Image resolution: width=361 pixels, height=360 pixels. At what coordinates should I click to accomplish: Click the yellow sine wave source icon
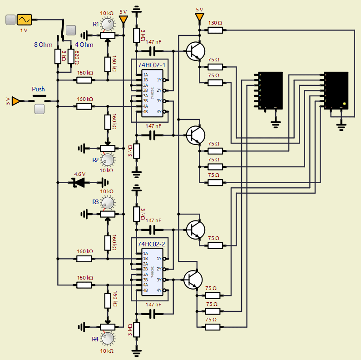click(24, 20)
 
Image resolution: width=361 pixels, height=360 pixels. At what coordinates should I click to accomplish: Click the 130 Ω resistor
click(215, 30)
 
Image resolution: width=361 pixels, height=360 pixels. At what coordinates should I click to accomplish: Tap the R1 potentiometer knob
click(108, 24)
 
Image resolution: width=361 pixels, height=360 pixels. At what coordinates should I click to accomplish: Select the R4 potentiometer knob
click(108, 338)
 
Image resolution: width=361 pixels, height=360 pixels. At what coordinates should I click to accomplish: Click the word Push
click(39, 89)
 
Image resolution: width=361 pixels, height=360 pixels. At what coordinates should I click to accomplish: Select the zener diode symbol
click(79, 183)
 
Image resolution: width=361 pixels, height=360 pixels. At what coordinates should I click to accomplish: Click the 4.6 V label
click(79, 174)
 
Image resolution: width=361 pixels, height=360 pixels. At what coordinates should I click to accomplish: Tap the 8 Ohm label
click(44, 45)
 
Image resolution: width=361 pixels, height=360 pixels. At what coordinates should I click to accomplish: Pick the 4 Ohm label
click(84, 45)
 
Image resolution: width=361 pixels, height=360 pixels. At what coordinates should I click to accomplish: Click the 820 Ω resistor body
click(70, 57)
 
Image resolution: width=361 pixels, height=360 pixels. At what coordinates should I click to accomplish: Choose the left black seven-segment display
click(270, 91)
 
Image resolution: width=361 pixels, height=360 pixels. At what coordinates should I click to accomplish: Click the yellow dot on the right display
click(345, 104)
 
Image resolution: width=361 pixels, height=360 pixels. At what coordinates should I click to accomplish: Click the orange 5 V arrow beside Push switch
click(15, 101)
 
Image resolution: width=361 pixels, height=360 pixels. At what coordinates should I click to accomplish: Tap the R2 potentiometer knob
click(108, 159)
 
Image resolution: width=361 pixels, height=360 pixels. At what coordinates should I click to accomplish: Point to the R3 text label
click(95, 201)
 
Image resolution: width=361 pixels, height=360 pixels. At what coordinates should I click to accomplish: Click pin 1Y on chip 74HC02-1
click(158, 80)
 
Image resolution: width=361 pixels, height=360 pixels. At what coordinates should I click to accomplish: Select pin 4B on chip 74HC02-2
click(145, 290)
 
